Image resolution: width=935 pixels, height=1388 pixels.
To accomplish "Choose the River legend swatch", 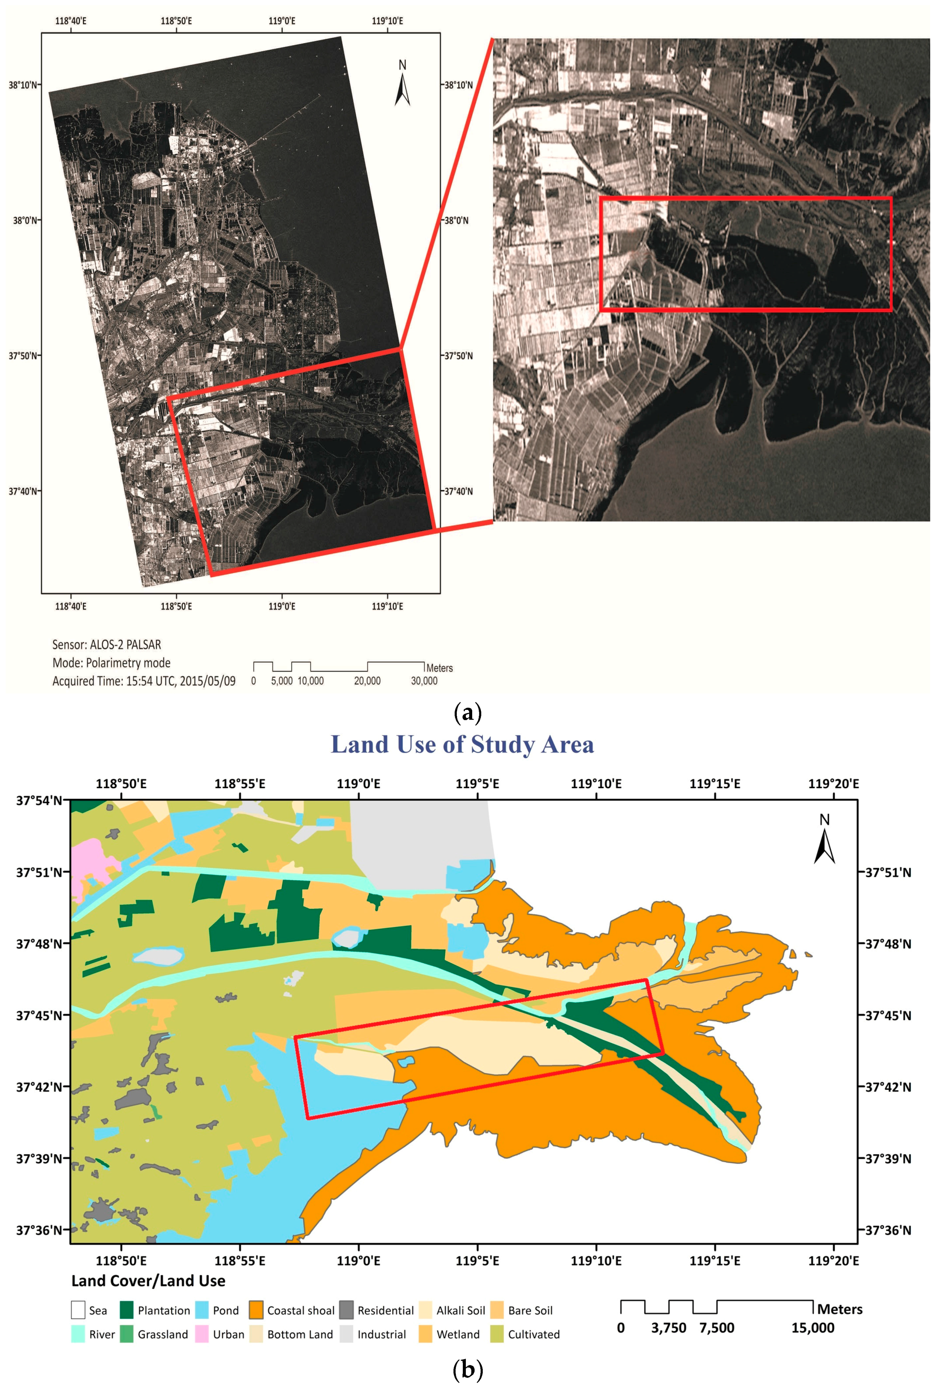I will (78, 1334).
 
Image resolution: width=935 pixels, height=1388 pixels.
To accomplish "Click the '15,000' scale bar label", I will (813, 1328).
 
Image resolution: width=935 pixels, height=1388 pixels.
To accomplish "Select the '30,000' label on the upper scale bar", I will (424, 680).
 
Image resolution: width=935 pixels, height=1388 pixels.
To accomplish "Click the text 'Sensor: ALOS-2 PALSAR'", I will (107, 644).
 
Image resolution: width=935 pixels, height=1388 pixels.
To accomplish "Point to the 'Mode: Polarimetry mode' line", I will (112, 663).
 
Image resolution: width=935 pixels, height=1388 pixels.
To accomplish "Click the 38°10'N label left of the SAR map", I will (24, 84).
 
